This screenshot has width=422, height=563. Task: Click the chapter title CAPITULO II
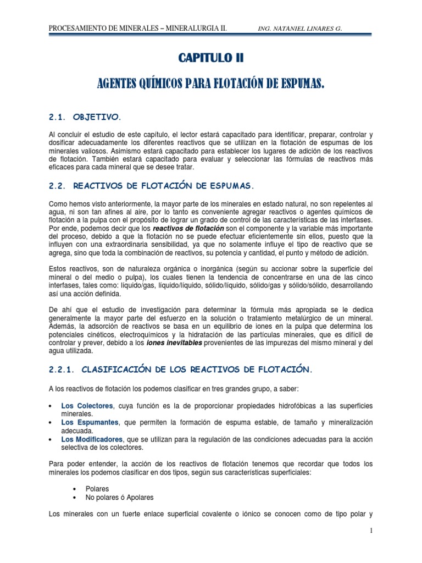coord(212,57)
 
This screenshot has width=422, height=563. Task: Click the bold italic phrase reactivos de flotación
coord(188,228)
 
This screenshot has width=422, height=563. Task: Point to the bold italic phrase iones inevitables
coord(174,343)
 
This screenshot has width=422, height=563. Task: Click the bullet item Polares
coord(98,488)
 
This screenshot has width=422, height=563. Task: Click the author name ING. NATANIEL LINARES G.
coord(304,28)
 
